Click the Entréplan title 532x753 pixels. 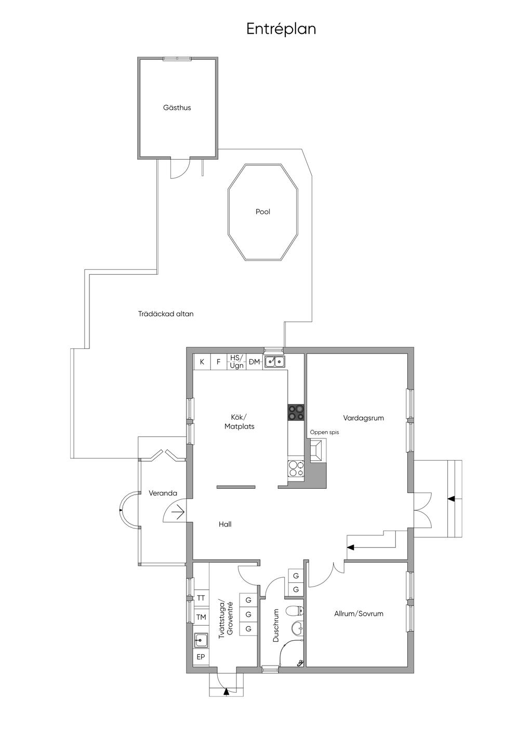tap(281, 29)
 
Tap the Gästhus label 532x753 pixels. tap(177, 108)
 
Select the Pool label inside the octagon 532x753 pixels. tap(263, 212)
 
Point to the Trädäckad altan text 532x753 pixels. tap(166, 314)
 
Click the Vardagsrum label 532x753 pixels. tap(363, 418)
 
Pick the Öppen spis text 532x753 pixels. tap(324, 432)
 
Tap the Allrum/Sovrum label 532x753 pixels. tap(358, 614)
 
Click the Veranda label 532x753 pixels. tap(163, 493)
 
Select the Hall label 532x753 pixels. tap(225, 524)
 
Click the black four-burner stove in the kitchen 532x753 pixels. tap(296, 412)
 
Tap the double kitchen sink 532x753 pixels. tap(275, 362)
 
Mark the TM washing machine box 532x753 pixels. tap(201, 617)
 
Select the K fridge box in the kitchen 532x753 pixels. tap(202, 362)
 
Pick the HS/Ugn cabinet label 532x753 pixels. tap(237, 362)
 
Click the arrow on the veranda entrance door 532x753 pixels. tap(178, 513)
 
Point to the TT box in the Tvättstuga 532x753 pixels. tap(201, 598)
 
